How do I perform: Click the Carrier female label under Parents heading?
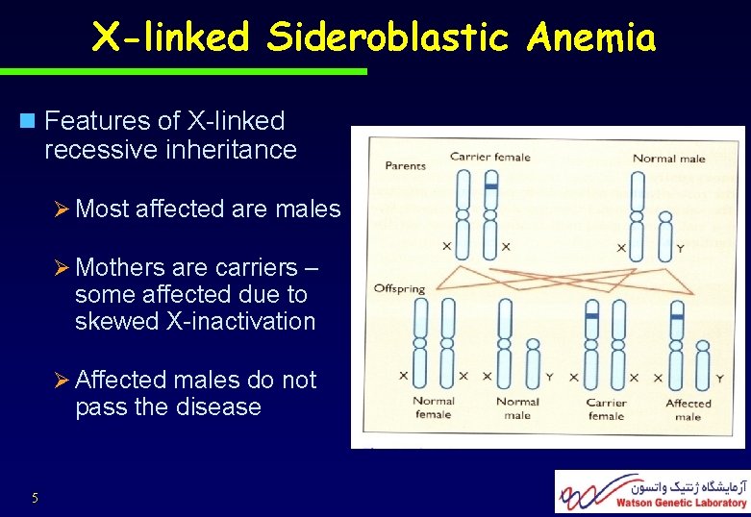click(489, 157)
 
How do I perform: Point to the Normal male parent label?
click(668, 159)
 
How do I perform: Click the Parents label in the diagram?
click(405, 165)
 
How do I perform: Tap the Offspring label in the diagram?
click(399, 289)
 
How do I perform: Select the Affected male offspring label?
click(688, 409)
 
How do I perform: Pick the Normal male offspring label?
click(517, 407)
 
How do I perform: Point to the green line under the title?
click(183, 71)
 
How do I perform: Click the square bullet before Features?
click(26, 121)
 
